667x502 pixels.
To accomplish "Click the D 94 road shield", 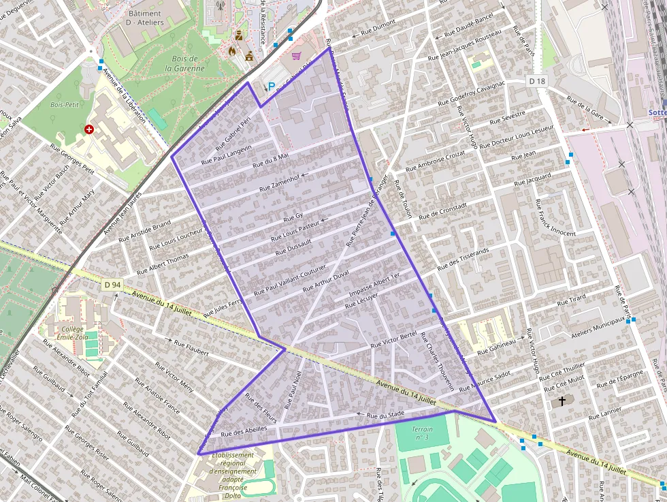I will (112, 285).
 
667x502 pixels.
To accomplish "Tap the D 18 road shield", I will (538, 81).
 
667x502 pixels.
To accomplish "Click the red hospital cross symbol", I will (88, 129).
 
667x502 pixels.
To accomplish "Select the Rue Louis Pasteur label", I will (295, 230).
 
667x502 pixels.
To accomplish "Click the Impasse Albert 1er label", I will (374, 285).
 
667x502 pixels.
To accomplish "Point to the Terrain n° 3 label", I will (421, 433).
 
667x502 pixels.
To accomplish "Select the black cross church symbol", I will (562, 401).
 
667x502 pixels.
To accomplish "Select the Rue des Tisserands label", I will (464, 259).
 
